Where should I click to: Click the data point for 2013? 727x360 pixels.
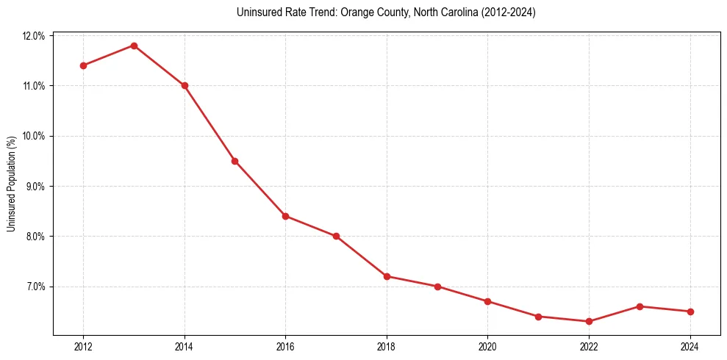click(x=134, y=46)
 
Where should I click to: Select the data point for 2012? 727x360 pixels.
click(x=83, y=65)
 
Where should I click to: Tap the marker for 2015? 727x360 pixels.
click(x=234, y=161)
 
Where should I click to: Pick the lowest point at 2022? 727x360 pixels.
click(x=589, y=321)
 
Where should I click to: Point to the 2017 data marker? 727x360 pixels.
click(x=336, y=236)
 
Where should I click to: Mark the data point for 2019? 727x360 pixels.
click(x=437, y=287)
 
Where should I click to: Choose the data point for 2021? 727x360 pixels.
click(x=538, y=317)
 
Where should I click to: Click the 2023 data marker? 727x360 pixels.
click(x=640, y=306)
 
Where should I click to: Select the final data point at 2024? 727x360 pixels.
click(x=690, y=312)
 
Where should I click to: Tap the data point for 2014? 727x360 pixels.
click(x=185, y=85)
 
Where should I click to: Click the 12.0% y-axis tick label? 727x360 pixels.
click(x=35, y=36)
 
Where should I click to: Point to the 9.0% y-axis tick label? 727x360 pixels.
click(x=36, y=187)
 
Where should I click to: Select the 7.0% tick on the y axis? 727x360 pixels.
click(x=36, y=287)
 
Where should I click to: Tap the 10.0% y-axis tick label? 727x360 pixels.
click(x=35, y=136)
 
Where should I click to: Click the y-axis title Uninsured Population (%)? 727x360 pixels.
click(x=11, y=184)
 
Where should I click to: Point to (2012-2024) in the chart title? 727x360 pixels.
click(x=509, y=13)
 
